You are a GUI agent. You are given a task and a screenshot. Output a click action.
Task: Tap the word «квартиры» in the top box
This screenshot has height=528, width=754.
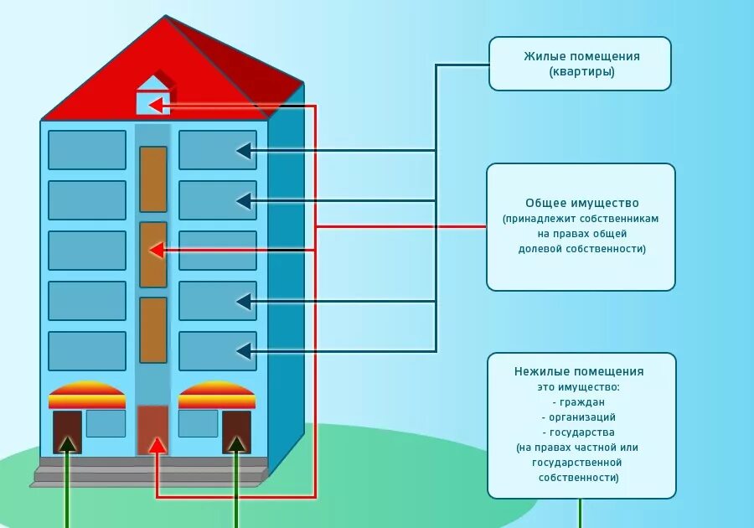[582, 72]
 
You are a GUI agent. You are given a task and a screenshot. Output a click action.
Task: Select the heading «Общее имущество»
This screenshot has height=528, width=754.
[581, 203]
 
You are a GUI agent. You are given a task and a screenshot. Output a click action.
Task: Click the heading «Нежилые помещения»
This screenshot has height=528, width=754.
[579, 371]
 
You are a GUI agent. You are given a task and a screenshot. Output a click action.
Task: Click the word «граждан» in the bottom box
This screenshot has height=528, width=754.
[579, 401]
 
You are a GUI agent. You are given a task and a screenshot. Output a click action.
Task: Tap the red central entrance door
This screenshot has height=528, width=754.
[152, 430]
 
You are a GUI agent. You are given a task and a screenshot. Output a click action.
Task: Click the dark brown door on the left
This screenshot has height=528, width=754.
[67, 432]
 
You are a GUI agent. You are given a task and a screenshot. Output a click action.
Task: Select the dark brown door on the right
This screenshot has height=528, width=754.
[236, 432]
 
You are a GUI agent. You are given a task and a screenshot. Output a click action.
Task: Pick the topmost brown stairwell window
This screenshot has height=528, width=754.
[153, 179]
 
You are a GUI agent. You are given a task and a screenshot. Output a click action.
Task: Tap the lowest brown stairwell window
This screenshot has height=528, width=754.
[153, 330]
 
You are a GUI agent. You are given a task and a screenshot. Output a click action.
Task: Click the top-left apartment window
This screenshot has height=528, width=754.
[87, 150]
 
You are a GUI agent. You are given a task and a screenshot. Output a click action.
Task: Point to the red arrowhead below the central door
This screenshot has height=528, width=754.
[157, 445]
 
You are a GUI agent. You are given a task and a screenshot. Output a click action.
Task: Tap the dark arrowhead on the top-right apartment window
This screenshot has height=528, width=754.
[244, 151]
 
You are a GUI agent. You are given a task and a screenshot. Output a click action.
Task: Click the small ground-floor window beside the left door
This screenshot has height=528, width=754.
[106, 423]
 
